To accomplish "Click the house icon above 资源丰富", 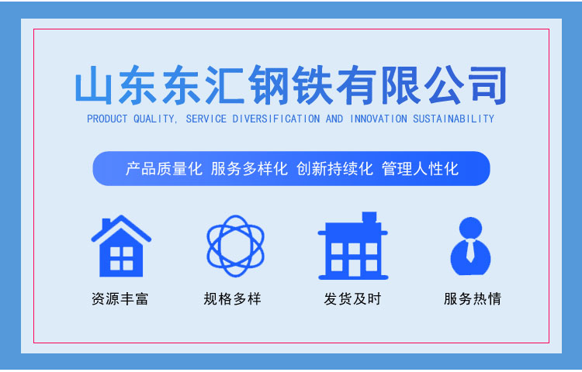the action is click(121, 246).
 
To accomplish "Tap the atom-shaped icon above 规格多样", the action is click(235, 246).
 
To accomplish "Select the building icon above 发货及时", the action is click(353, 246).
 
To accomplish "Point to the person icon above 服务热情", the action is click(470, 246).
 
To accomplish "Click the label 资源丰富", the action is click(120, 298).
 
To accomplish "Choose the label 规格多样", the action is click(232, 298).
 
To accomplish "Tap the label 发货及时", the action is click(352, 298).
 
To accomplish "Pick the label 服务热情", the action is click(473, 298).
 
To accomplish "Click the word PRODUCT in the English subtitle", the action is click(107, 119).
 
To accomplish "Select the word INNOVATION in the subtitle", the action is click(379, 119).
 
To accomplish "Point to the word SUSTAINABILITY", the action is click(454, 119).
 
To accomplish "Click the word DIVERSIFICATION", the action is click(275, 119).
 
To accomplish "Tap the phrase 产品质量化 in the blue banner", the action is click(164, 169).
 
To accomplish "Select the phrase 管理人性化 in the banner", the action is click(420, 169).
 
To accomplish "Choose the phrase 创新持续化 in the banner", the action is click(334, 169).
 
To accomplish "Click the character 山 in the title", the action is click(93, 84).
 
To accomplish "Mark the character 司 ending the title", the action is click(487, 84).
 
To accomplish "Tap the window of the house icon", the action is click(121, 258).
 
